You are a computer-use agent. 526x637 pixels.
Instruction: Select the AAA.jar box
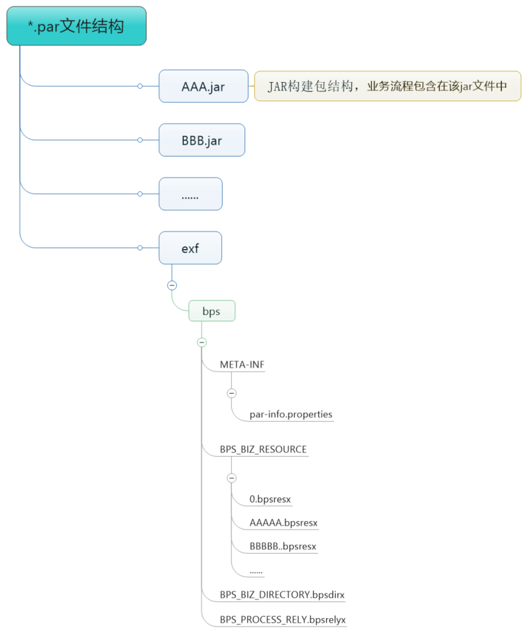[x=203, y=86]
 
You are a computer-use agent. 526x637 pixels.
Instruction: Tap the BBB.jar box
[x=202, y=140]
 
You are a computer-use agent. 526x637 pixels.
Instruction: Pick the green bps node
[x=212, y=311]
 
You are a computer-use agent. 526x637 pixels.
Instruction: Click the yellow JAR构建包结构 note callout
[x=388, y=86]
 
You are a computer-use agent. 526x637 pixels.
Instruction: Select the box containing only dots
[x=190, y=194]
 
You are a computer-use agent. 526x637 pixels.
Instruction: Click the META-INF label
[x=242, y=365]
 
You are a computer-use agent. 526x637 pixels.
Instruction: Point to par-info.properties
[x=290, y=414]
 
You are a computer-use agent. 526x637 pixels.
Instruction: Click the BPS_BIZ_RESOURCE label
[x=263, y=449]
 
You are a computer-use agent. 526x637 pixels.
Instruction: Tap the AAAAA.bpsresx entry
[x=283, y=523]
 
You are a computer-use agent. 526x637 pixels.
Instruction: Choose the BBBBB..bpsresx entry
[x=283, y=546]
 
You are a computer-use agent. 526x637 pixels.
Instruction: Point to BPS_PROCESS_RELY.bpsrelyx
[x=283, y=619]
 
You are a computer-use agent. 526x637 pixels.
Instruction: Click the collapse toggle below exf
[x=172, y=285]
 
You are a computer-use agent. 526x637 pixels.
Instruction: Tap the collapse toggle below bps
[x=202, y=342]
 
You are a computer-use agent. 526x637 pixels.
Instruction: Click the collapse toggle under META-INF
[x=232, y=393]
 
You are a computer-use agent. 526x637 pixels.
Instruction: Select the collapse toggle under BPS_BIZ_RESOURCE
[x=232, y=478]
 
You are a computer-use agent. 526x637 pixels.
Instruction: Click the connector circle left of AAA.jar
[x=140, y=86]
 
